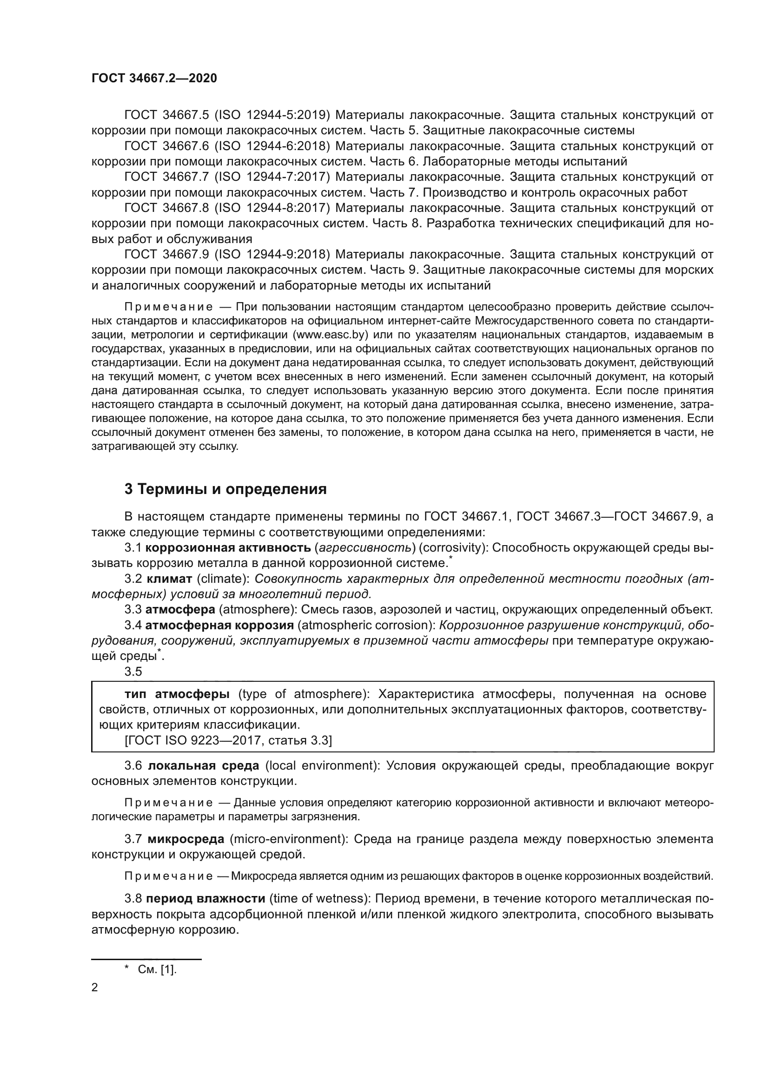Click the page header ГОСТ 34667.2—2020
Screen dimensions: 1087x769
[154, 78]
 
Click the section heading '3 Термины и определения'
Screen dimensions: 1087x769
[225, 488]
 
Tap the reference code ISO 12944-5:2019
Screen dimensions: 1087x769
[272, 115]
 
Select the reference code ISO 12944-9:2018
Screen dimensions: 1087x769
[272, 255]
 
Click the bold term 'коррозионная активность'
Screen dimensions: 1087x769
[227, 548]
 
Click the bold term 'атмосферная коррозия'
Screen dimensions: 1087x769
[219, 625]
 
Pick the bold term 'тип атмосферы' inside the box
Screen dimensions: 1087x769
[177, 694]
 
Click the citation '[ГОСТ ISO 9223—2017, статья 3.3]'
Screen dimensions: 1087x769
[228, 740]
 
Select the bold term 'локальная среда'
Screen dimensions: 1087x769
[204, 765]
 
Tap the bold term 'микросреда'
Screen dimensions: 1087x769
[186, 839]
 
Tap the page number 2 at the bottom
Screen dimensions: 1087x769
[95, 988]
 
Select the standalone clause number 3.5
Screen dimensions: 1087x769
[133, 672]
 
